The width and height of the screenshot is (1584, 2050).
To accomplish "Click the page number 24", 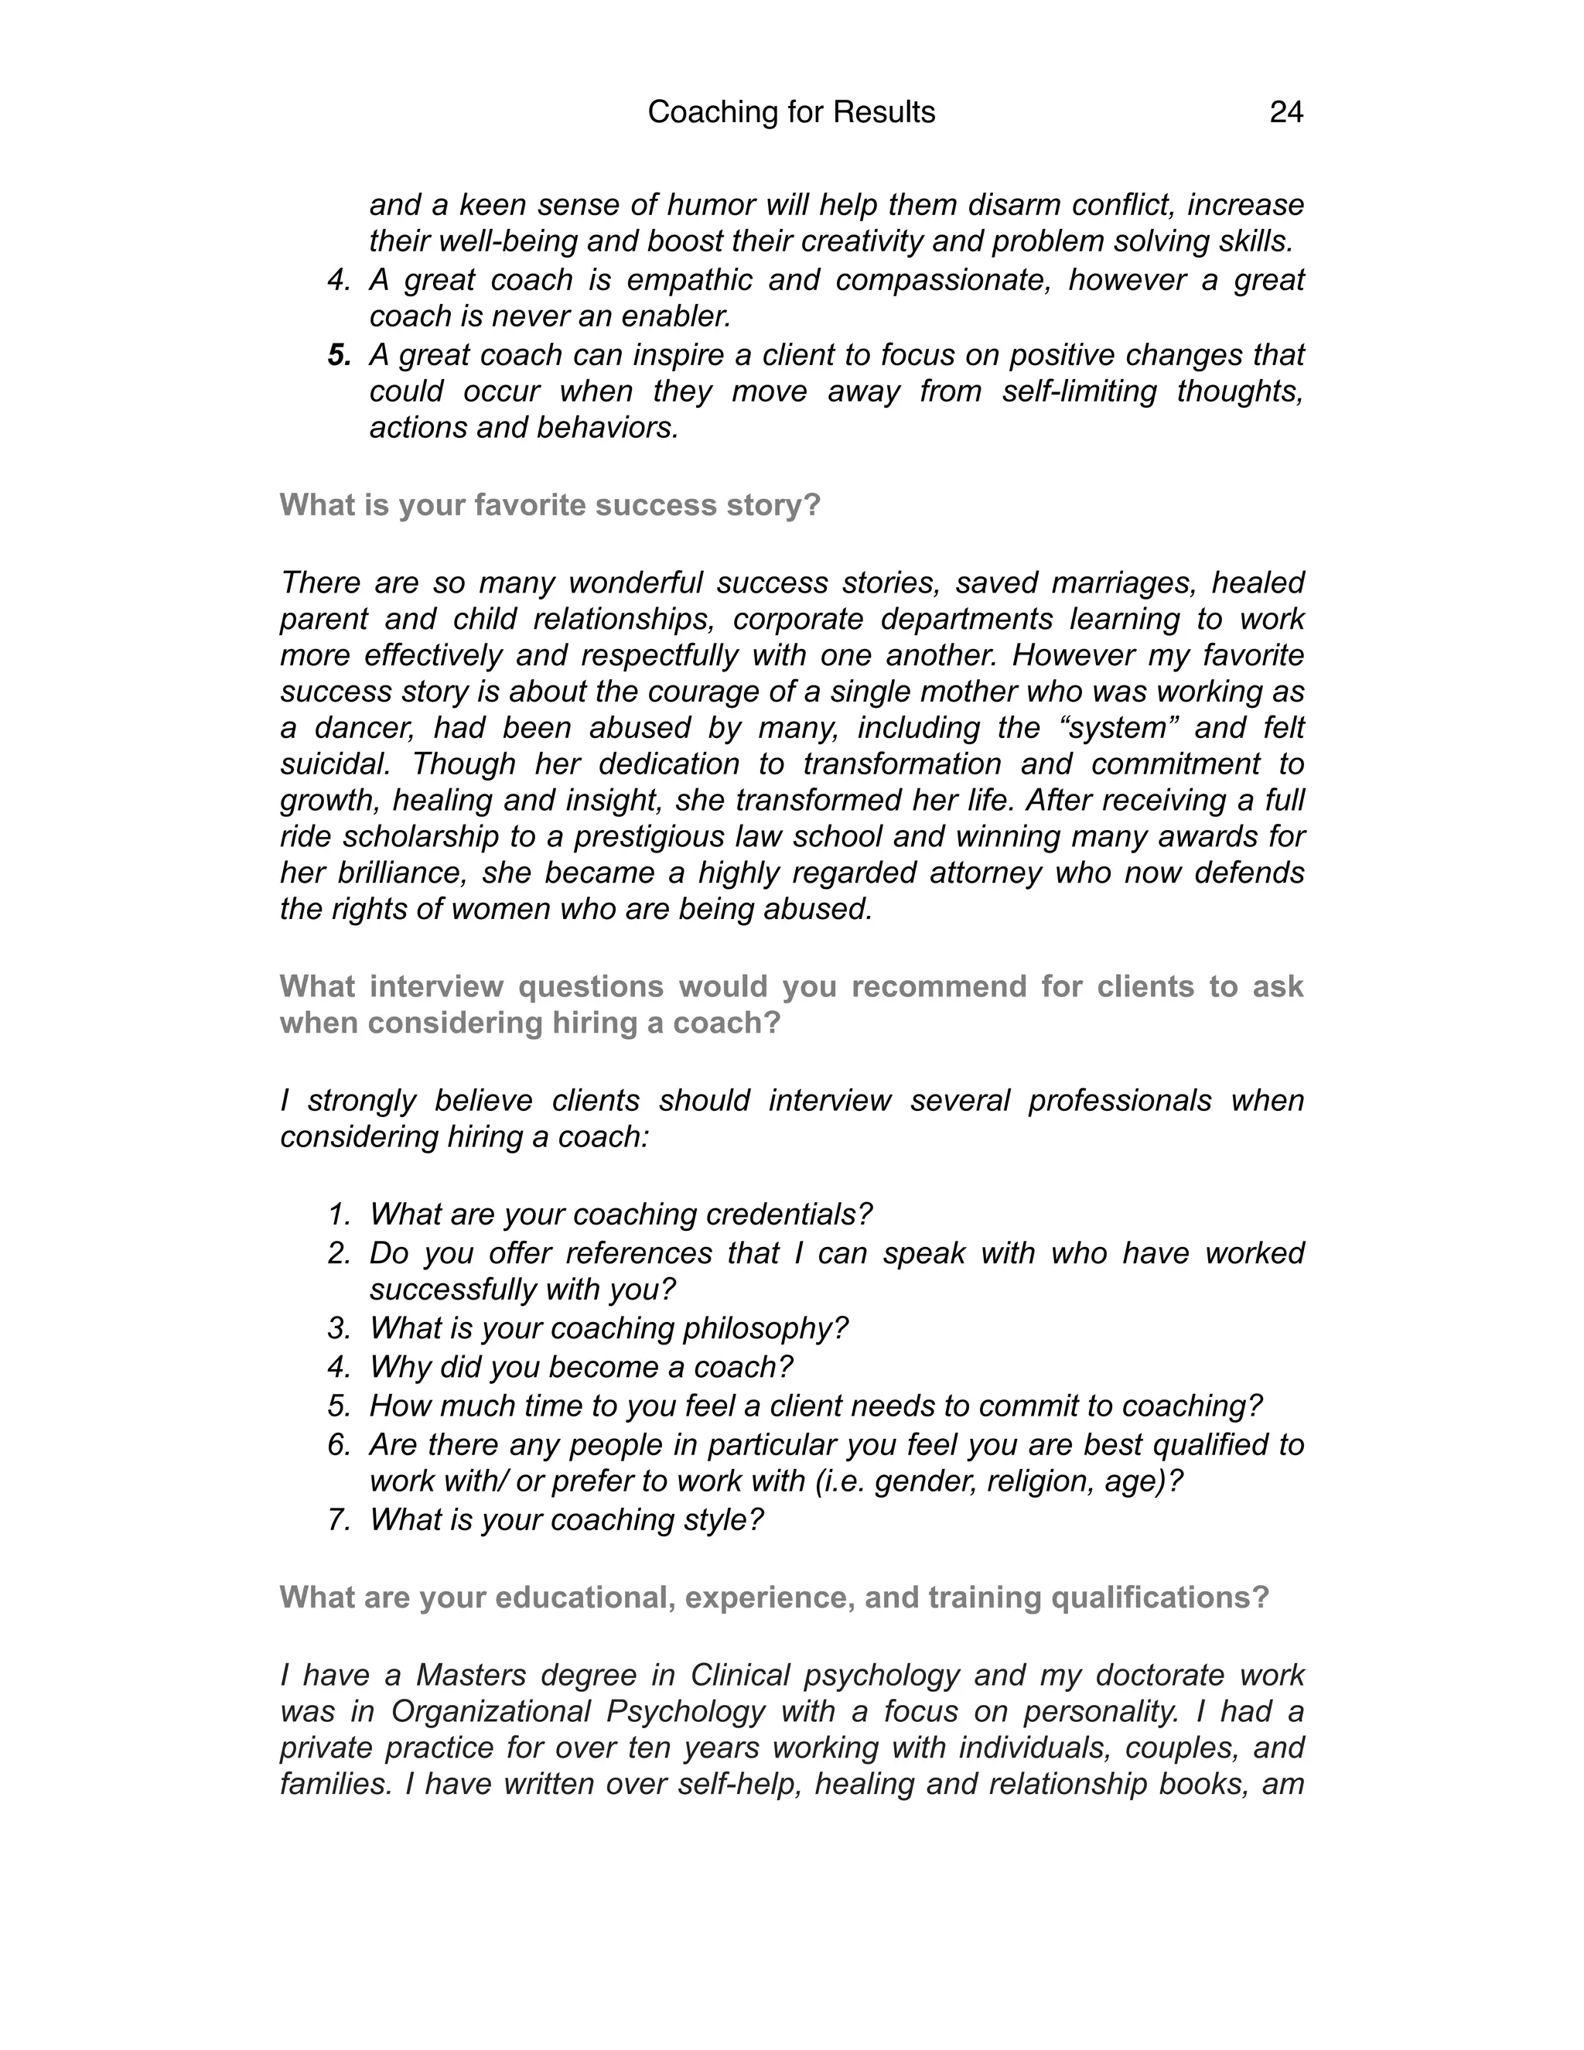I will tap(1285, 113).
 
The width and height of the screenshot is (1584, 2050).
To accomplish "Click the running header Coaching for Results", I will tap(791, 113).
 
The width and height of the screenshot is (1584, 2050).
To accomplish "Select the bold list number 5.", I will tap(340, 355).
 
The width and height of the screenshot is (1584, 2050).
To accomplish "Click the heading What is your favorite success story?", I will tap(550, 505).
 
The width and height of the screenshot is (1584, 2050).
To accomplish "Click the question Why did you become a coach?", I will tap(581, 1367).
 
